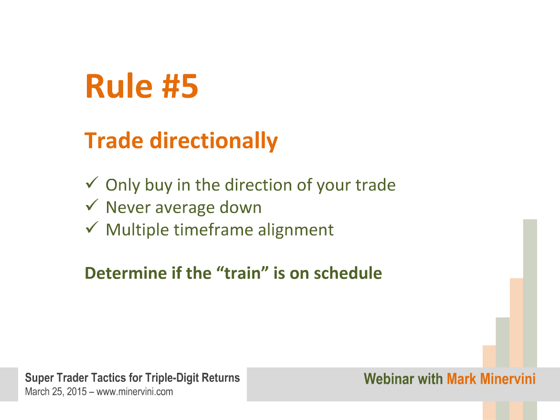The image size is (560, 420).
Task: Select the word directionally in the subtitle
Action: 213,141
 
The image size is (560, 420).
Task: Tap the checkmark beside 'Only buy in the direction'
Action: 92,183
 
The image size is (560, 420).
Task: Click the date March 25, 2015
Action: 56,392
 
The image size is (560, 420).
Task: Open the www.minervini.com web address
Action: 135,392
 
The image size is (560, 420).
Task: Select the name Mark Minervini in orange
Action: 491,379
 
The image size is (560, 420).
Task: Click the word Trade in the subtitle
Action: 114,141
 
